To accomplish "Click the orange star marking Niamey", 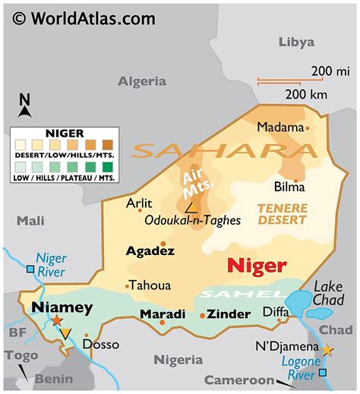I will [x=58, y=321].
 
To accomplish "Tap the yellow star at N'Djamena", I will [x=327, y=350].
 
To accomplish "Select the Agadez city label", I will [x=150, y=251].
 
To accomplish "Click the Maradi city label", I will [x=163, y=314].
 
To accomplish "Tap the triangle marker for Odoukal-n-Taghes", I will [x=193, y=206].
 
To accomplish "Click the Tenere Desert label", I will [x=281, y=214].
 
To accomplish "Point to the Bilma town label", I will [x=289, y=186].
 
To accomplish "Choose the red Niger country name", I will [x=257, y=266].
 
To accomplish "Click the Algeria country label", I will [x=142, y=80].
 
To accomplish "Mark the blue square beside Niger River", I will [x=30, y=269].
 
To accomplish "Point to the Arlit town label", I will [x=139, y=203].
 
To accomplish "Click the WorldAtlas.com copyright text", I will [x=81, y=16].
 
